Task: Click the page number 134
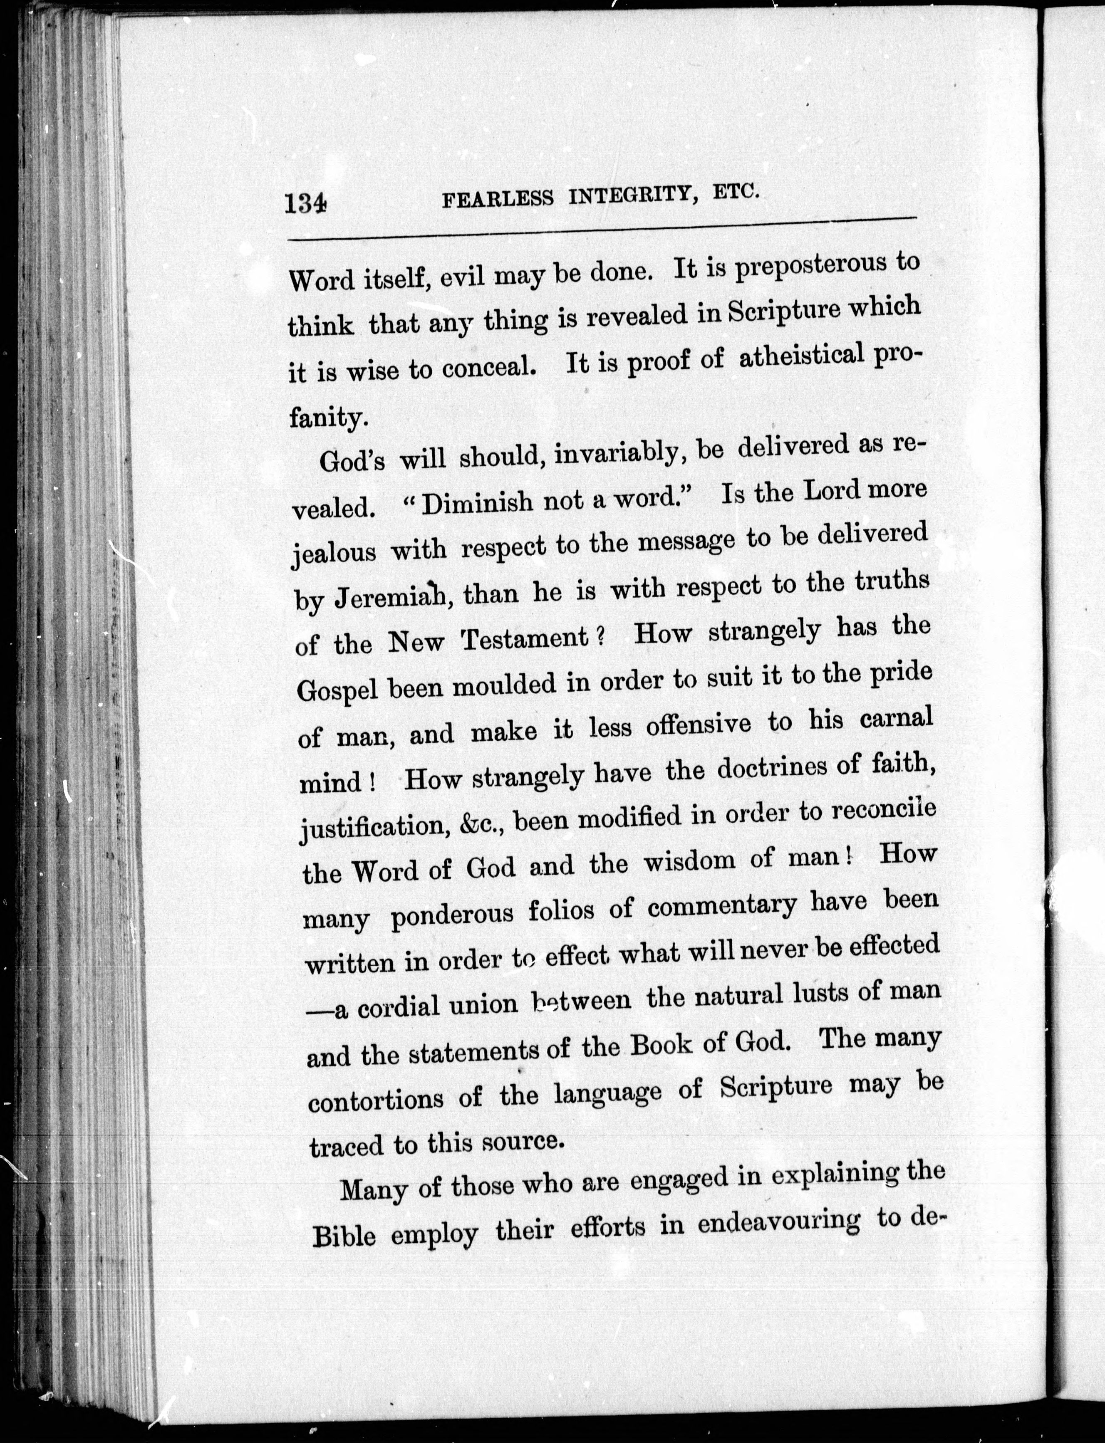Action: click(305, 202)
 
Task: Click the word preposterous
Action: click(808, 268)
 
